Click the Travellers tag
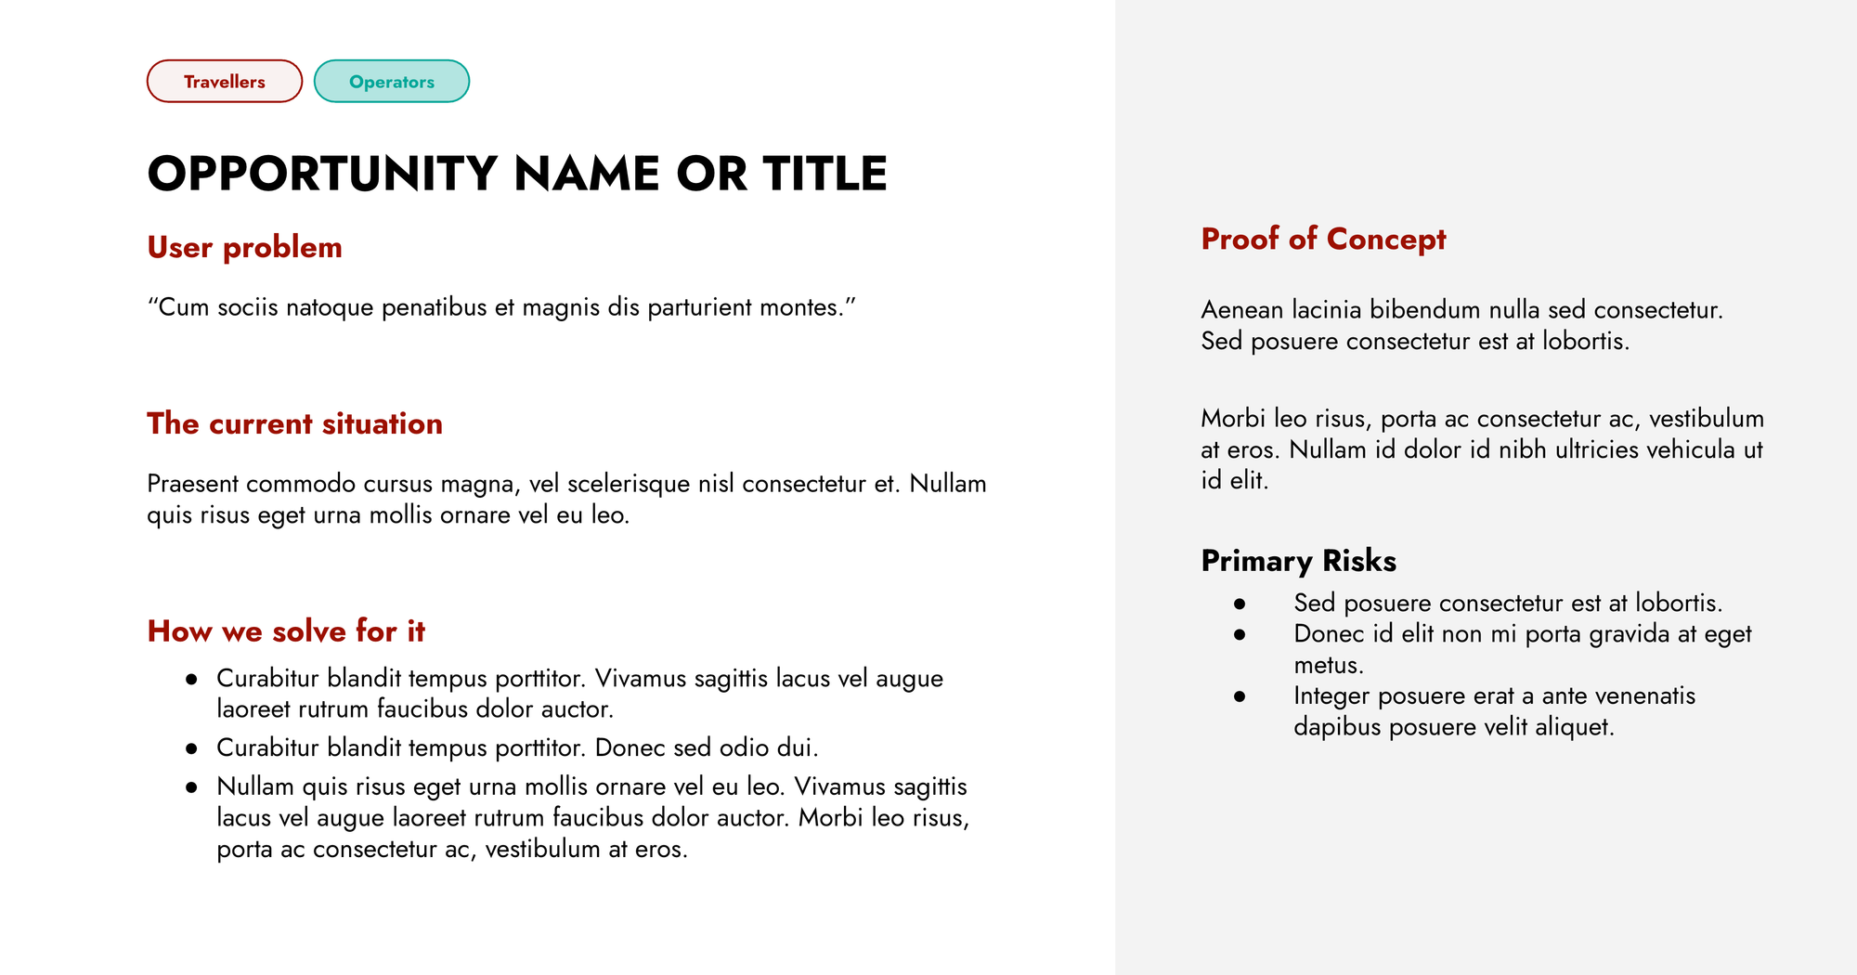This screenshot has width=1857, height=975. point(225,82)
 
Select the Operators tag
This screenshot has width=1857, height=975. point(392,82)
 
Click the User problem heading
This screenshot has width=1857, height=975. point(245,247)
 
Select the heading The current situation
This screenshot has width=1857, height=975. point(294,423)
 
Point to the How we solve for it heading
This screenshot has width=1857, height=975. point(286,631)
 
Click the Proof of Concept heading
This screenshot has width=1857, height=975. point(1323,239)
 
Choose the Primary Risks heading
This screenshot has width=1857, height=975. point(1298,561)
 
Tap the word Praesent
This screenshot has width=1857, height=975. point(192,484)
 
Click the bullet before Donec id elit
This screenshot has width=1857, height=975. point(1240,634)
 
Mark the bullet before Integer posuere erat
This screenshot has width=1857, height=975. point(1240,696)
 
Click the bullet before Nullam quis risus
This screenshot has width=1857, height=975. point(191,787)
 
